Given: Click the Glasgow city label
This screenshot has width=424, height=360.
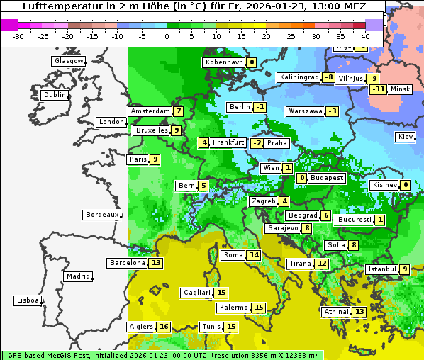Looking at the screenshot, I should click(68, 61).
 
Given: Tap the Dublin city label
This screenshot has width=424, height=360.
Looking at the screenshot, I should click(54, 95).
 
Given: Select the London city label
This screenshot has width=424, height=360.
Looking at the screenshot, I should click(111, 122).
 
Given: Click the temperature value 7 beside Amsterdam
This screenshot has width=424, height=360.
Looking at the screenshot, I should click(179, 111).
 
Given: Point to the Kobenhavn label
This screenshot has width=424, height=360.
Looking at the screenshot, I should click(224, 62).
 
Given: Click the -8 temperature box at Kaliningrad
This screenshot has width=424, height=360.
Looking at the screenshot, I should click(329, 77).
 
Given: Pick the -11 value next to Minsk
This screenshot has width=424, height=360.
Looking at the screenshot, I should click(378, 89).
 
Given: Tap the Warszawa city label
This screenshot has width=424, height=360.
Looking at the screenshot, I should click(305, 111).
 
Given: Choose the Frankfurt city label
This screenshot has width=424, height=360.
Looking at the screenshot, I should click(228, 142).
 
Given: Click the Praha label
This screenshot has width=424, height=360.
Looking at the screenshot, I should click(277, 143).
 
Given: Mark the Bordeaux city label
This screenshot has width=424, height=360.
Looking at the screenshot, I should click(101, 215).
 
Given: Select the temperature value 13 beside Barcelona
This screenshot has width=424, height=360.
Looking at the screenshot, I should click(157, 263).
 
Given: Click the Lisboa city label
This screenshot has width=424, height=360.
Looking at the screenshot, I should click(28, 300).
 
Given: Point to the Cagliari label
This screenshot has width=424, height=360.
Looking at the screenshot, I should click(196, 293).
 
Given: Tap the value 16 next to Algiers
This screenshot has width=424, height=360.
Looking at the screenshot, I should click(164, 327).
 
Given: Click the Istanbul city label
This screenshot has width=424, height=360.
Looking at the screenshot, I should click(381, 269).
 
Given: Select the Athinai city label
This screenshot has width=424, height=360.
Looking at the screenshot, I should click(336, 312).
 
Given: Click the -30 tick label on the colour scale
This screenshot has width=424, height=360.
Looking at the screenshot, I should click(18, 35).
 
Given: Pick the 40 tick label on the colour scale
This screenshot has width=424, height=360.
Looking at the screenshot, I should click(366, 35).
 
